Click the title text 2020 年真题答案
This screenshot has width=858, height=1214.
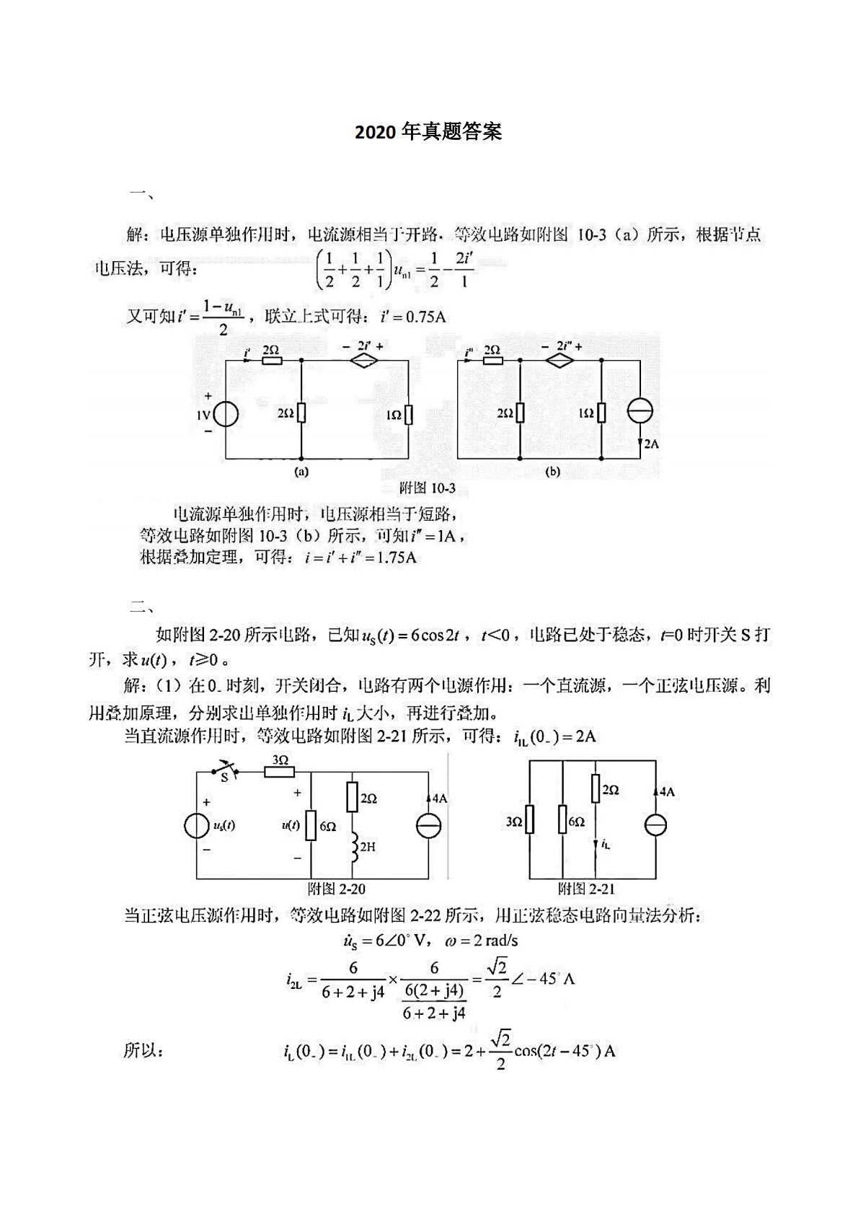428,133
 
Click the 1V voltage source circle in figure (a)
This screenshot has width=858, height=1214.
226,415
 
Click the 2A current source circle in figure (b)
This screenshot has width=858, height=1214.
640,411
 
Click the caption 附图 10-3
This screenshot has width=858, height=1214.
427,488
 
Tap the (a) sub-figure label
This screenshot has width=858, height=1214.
301,472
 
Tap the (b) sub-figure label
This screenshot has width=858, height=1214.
552,472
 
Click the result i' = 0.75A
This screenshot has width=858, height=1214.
413,317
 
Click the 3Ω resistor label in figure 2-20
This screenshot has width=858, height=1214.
280,760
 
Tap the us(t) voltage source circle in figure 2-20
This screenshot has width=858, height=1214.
197,826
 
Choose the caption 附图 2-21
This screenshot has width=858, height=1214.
586,889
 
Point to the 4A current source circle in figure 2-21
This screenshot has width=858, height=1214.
655,825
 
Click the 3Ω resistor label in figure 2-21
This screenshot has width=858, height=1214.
513,822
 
